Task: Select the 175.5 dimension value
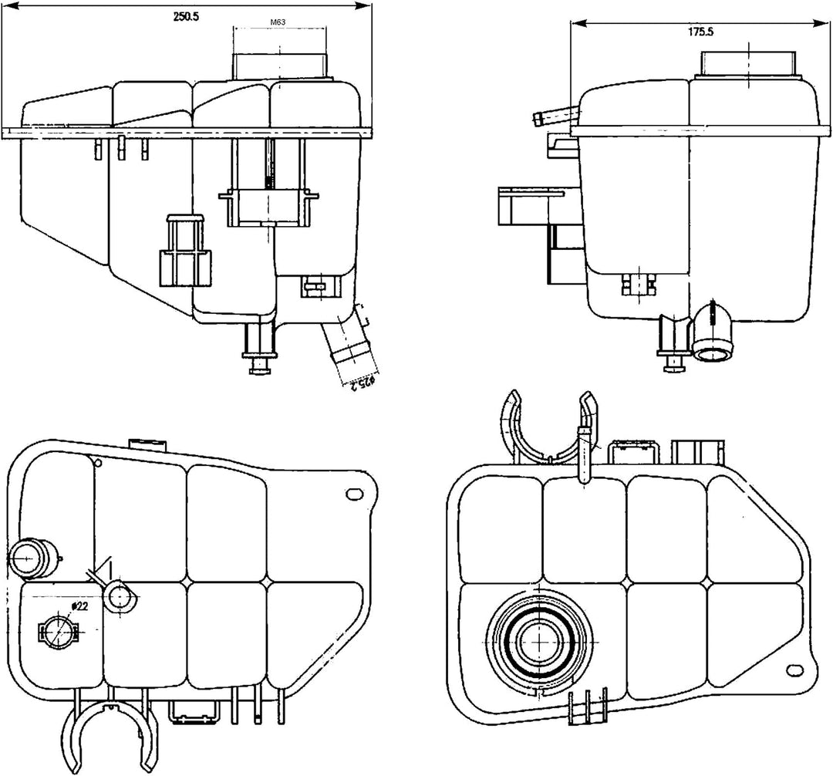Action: pyautogui.click(x=700, y=33)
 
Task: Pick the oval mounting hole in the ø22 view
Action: pyautogui.click(x=356, y=494)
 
